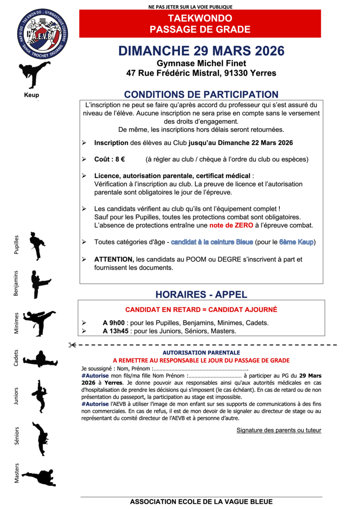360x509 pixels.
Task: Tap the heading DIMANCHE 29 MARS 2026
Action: point(201,51)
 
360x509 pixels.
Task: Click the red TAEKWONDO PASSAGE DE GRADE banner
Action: point(200,24)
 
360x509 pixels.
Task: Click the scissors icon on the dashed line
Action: point(72,345)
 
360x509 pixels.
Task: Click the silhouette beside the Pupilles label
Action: point(37,246)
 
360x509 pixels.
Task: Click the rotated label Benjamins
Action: point(16,284)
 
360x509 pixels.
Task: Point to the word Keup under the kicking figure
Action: point(31,95)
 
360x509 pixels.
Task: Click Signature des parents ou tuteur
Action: point(278,430)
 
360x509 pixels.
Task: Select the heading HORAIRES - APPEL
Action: point(201,294)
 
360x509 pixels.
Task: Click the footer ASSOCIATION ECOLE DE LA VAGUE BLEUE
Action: point(201,502)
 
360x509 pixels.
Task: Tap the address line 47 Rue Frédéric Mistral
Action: point(201,73)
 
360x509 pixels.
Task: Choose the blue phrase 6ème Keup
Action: point(296,242)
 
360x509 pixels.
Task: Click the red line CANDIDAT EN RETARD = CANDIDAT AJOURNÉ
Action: point(201,310)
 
